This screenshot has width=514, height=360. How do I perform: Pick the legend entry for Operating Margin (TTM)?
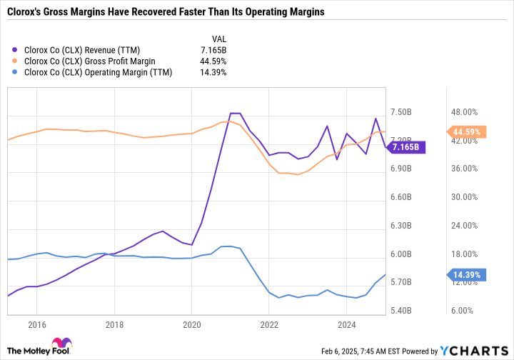tap(97, 73)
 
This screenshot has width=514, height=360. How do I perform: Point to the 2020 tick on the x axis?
tap(191, 324)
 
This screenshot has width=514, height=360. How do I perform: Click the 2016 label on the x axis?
tap(36, 324)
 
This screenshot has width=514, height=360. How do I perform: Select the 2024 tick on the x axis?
tap(346, 324)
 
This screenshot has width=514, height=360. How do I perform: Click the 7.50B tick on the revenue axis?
tap(403, 112)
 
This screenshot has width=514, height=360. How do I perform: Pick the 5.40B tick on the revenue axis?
tap(403, 311)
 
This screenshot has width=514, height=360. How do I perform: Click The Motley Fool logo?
tap(39, 348)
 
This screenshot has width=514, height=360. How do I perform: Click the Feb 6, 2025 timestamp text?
tap(374, 351)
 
